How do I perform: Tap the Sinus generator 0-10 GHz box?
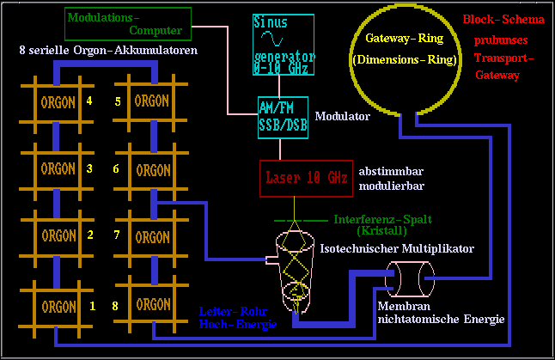tap(284, 41)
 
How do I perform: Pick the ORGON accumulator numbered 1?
tap(58, 306)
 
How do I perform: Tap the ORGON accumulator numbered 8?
tap(152, 305)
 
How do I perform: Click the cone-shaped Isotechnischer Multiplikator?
tap(291, 262)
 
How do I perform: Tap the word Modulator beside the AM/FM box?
tap(343, 115)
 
